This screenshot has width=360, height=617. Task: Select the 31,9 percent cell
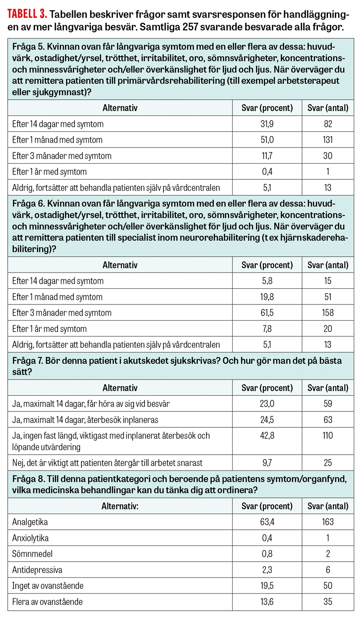click(x=267, y=124)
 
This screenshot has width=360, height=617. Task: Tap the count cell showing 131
click(x=327, y=140)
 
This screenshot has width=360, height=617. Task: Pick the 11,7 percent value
click(x=267, y=156)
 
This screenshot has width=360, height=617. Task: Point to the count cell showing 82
click(x=327, y=124)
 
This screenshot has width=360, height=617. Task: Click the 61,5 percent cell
click(x=267, y=313)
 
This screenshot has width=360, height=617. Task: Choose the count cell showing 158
click(x=327, y=313)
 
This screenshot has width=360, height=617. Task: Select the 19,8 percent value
click(x=267, y=297)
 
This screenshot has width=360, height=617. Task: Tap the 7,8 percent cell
click(x=267, y=329)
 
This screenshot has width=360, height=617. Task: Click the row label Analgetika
click(x=30, y=522)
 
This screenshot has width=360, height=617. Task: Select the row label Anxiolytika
click(x=31, y=538)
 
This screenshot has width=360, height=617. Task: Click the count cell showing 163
click(x=327, y=522)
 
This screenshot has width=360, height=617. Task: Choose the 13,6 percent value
click(x=267, y=601)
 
